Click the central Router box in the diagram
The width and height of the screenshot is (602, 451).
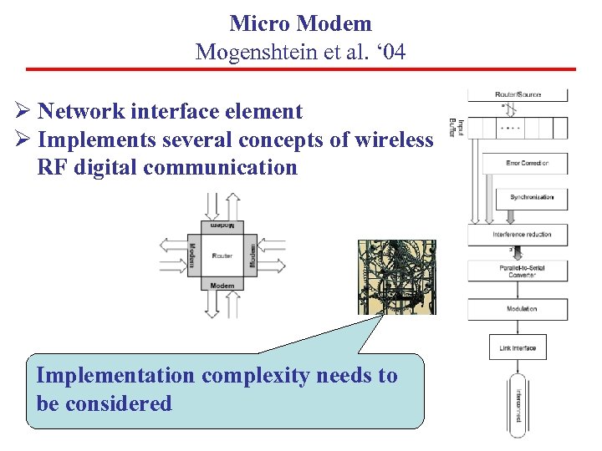pos(222,256)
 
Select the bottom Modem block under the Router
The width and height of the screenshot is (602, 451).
pos(222,286)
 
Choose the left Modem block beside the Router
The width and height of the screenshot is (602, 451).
pos(192,256)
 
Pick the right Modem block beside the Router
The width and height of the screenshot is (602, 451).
pos(253,256)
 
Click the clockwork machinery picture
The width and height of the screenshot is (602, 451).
pos(396,277)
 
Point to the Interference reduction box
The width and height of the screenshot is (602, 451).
pos(522,235)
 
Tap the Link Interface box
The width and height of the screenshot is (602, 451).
pos(517,347)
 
